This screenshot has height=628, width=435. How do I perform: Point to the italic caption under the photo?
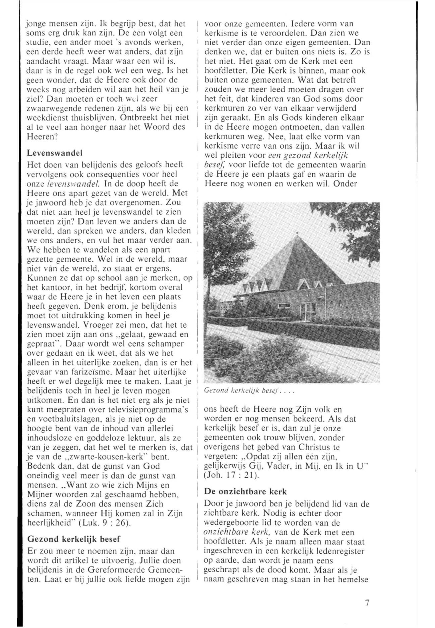(249, 390)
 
